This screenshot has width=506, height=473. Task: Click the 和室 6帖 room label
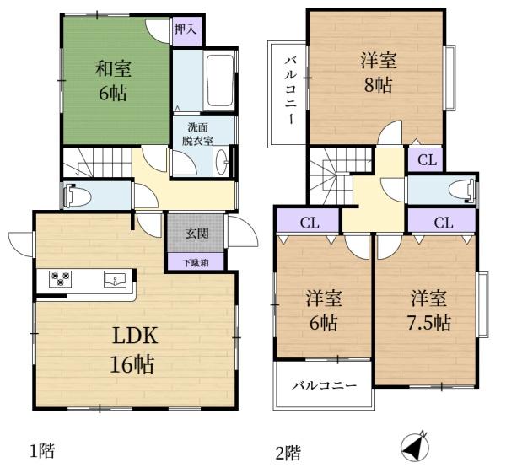113,81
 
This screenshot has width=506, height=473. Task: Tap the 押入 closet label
185,30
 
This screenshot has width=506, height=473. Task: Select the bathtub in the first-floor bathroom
220,80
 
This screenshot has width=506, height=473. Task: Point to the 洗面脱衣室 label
198,134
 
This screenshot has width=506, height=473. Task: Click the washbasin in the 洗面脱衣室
221,161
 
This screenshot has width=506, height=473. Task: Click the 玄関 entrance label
196,233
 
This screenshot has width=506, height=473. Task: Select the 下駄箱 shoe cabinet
196,262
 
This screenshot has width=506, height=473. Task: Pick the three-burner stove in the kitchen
60,278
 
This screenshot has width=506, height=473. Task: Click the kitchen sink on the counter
115,279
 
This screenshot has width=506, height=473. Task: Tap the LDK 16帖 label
133,349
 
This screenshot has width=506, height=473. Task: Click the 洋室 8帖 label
378,73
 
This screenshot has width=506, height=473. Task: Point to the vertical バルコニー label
290,90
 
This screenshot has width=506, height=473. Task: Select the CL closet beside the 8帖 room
427,159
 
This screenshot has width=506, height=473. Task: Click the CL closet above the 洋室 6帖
309,223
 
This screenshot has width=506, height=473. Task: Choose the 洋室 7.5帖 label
429,310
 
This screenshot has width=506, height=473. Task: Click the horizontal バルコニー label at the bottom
325,385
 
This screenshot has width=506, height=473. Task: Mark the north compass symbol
415,447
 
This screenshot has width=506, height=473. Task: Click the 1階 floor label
42,450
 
